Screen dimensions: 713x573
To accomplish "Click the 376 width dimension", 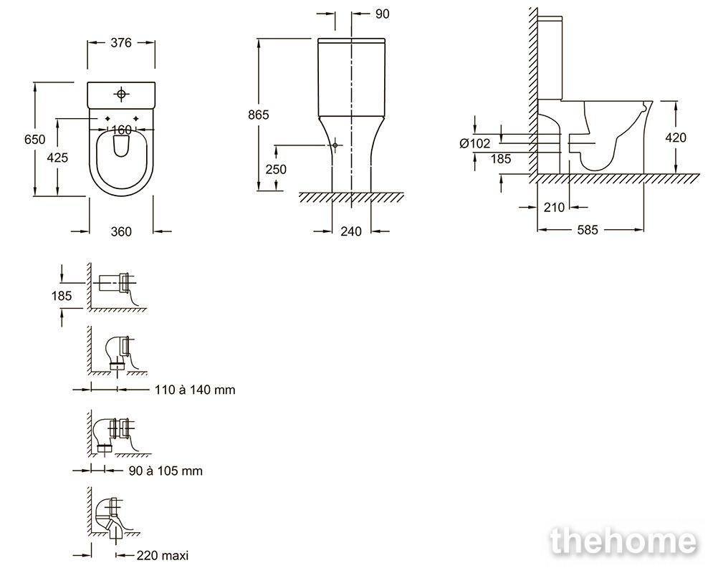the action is click(121, 43).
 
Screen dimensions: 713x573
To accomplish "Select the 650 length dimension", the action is click(35, 140).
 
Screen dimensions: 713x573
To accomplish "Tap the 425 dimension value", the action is click(58, 158).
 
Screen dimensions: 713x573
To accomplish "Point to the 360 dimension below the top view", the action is click(121, 232).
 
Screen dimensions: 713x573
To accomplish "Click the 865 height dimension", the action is click(258, 115).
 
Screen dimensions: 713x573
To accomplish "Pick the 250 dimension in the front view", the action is click(276, 170).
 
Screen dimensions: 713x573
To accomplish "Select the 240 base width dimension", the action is click(351, 232).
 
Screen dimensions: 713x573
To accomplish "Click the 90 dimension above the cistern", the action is click(383, 14).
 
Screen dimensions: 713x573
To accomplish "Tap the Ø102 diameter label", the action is click(475, 143).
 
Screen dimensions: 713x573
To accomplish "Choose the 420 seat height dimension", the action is click(676, 138).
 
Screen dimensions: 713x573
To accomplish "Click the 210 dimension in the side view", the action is click(554, 208).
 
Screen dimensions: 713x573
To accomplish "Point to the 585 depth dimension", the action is click(588, 231).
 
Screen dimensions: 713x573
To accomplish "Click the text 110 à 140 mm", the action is click(195, 390).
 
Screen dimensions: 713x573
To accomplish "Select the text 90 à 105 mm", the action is click(166, 471).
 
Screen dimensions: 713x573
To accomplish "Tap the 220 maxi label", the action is click(163, 555).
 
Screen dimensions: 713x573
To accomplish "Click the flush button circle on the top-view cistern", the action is click(121, 94).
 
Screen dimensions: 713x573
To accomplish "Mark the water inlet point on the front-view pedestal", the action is click(335, 145).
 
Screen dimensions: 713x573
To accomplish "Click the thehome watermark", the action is click(623, 541).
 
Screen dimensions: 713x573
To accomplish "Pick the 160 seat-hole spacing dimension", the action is click(121, 130).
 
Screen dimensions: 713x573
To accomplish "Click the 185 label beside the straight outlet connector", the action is click(62, 297).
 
